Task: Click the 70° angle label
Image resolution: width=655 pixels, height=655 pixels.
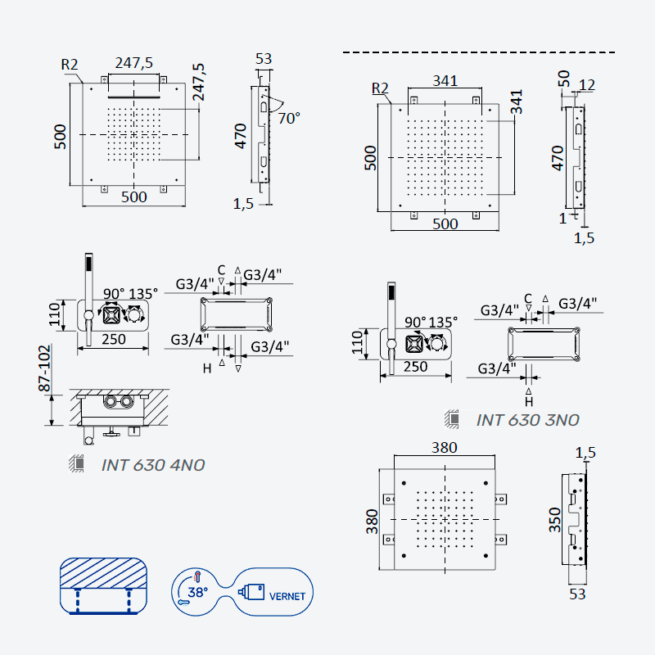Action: [x=289, y=118]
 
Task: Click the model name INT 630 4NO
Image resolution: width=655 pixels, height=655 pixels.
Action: [x=153, y=465]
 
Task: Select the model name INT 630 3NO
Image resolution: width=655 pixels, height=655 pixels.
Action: [x=527, y=420]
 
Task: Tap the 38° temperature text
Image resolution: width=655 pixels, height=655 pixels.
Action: [x=197, y=592]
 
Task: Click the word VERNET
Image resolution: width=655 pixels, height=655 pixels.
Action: [x=287, y=596]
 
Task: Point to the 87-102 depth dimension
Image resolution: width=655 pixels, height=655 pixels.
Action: [x=44, y=368]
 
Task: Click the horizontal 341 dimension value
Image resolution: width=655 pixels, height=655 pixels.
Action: [x=445, y=80]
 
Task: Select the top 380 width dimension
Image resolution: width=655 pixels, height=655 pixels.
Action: [x=444, y=447]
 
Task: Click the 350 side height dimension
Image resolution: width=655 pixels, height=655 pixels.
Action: [x=554, y=520]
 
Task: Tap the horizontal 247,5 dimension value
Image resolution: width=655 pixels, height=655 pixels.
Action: [x=134, y=63]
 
